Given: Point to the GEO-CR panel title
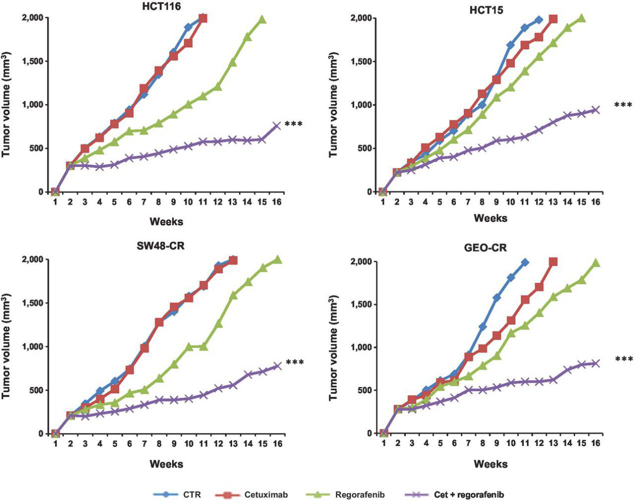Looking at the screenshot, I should coord(490,247).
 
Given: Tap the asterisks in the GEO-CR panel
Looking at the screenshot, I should coord(623,359).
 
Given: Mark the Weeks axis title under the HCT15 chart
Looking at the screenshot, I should coord(490,218).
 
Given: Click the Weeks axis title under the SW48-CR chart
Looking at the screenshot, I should coord(167,463).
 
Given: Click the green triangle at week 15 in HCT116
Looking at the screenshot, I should coord(262,19).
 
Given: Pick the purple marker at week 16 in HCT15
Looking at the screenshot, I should coord(595,109).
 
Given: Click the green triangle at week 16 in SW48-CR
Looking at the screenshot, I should coord(277,259).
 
